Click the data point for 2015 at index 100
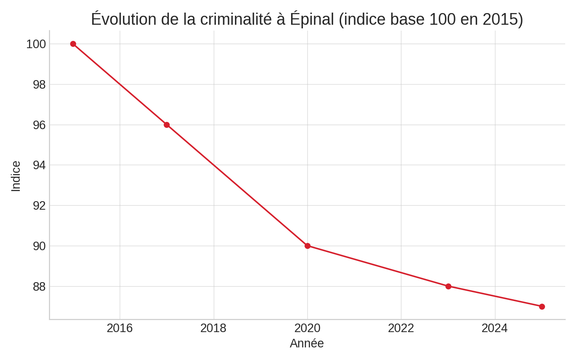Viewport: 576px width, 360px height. (73, 44)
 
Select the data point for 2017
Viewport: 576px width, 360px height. (166, 125)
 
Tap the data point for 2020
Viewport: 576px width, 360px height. (307, 246)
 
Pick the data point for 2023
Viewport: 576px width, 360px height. (448, 286)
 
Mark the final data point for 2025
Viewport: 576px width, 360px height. (542, 306)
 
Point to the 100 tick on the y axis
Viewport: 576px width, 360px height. (36, 44)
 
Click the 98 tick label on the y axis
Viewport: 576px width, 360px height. (39, 85)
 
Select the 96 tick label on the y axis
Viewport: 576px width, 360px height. (39, 125)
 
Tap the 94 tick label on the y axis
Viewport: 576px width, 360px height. (39, 165)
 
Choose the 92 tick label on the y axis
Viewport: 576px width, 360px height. (39, 206)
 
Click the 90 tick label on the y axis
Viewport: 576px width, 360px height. (39, 246)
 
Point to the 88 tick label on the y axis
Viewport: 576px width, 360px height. (39, 287)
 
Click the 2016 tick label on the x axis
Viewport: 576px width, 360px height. (120, 328)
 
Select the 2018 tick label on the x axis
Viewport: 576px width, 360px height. (213, 328)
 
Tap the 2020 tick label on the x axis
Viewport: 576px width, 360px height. (307, 328)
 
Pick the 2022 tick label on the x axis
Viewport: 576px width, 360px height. (401, 328)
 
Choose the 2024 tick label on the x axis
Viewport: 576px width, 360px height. (495, 328)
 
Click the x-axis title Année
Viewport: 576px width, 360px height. (307, 343)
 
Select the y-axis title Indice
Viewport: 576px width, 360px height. (16, 176)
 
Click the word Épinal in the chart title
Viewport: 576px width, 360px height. (311, 19)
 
